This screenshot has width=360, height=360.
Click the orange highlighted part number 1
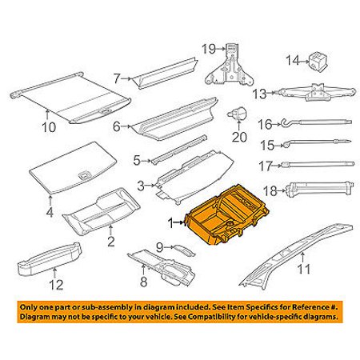coord(229,214)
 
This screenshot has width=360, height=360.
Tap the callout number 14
coord(293,61)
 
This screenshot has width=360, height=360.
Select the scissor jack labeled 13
coord(316,92)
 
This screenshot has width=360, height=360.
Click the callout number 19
coord(208,49)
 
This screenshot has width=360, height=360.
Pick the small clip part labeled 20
coord(238,114)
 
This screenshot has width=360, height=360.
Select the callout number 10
coord(49,127)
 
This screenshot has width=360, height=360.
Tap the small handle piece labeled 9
coord(184,250)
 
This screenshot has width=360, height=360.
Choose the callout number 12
coord(56,285)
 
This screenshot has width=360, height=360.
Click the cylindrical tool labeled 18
coord(319,189)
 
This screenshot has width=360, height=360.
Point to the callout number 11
coord(304,269)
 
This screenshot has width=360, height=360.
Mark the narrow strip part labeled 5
coord(178,150)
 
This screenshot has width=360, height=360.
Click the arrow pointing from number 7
coord(126,78)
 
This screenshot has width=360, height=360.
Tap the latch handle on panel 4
coord(84,175)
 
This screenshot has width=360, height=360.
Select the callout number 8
coord(143,282)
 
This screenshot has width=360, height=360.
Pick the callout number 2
coord(111,241)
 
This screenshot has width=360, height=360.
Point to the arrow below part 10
coord(47,115)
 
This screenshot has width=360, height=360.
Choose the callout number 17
coord(266,166)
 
